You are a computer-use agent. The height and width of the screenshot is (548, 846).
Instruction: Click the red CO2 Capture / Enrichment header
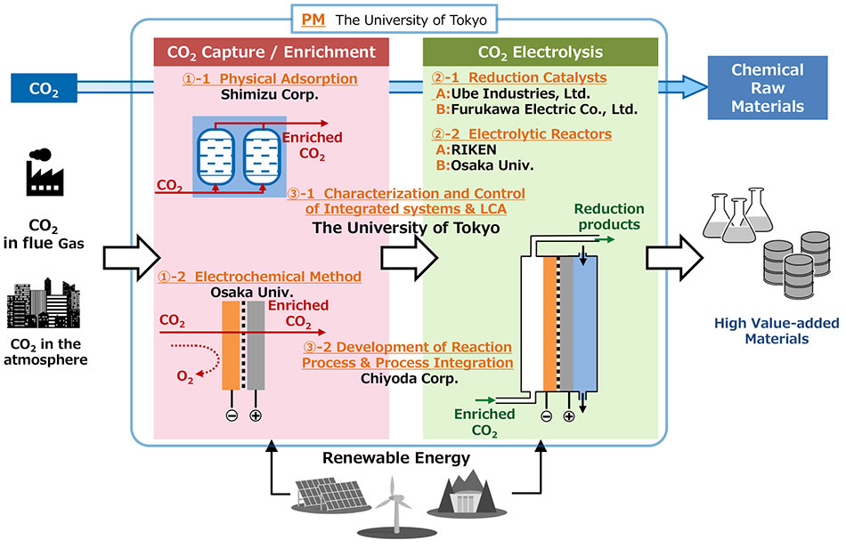coord(271,52)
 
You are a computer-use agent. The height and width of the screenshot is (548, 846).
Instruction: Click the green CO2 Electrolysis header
coord(540,52)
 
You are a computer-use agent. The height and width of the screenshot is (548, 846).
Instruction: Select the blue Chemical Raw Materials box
coord(767,86)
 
